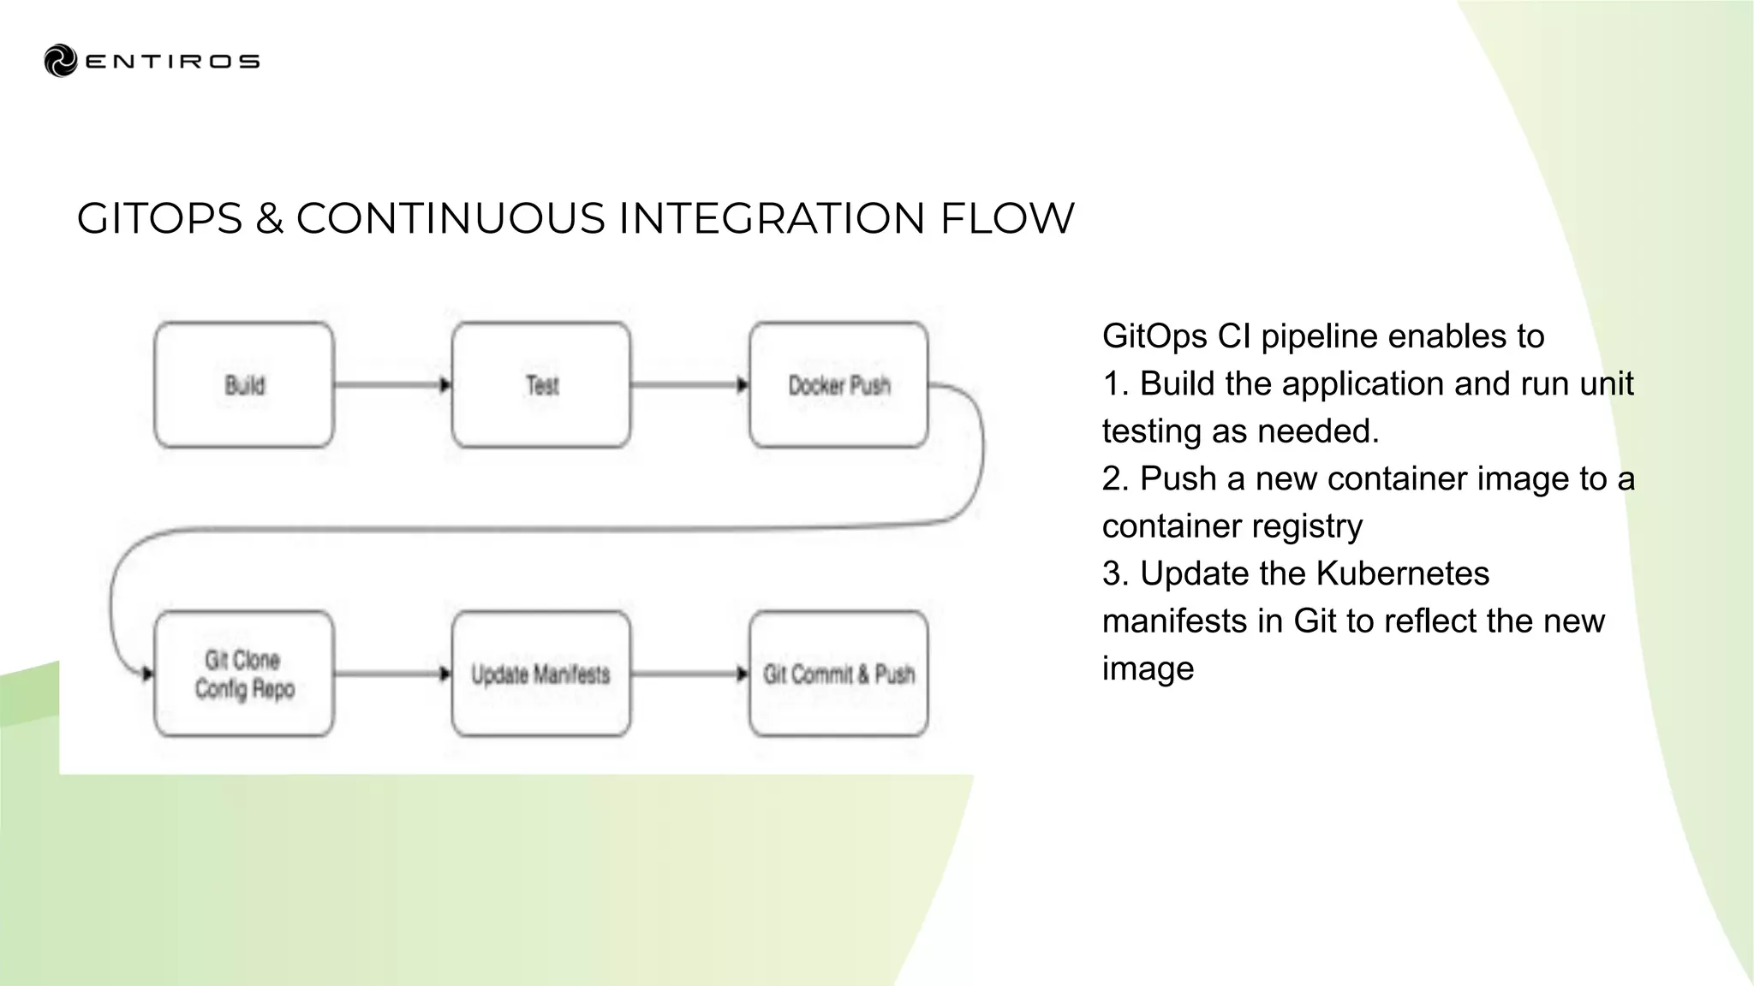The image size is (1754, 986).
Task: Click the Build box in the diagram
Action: click(x=244, y=385)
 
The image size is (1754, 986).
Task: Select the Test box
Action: click(x=541, y=385)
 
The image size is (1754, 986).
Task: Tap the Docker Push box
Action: click(x=838, y=385)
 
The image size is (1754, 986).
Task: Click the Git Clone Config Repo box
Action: click(x=244, y=674)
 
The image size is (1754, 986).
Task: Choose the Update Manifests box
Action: click(x=541, y=674)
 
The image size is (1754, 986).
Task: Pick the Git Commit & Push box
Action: click(x=838, y=674)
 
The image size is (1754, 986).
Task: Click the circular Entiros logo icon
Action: click(x=61, y=61)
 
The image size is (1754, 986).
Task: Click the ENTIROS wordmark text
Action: click(x=172, y=62)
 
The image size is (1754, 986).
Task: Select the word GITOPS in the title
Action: click(x=160, y=218)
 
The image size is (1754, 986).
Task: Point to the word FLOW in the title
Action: click(x=1006, y=218)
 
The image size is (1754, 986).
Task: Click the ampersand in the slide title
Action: click(x=269, y=218)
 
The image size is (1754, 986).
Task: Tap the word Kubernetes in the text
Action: click(x=1402, y=573)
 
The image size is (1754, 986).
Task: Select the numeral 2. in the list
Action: click(x=1116, y=478)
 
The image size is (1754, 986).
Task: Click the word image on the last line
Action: click(x=1148, y=668)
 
